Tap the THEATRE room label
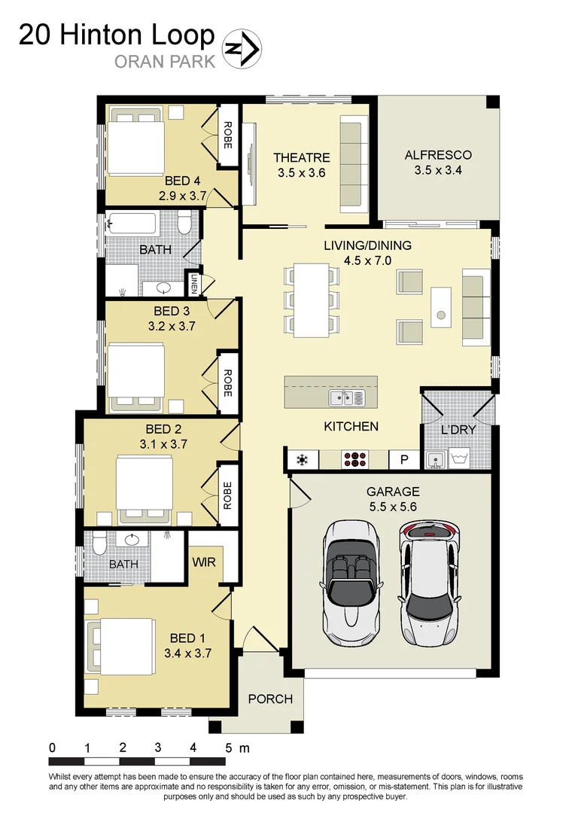301,157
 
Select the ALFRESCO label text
437,155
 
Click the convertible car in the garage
351,583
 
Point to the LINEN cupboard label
194,283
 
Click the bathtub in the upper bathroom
132,223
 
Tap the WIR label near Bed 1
205,562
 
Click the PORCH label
270,699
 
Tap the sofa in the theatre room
351,163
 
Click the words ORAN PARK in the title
164,61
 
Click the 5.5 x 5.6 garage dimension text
392,507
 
